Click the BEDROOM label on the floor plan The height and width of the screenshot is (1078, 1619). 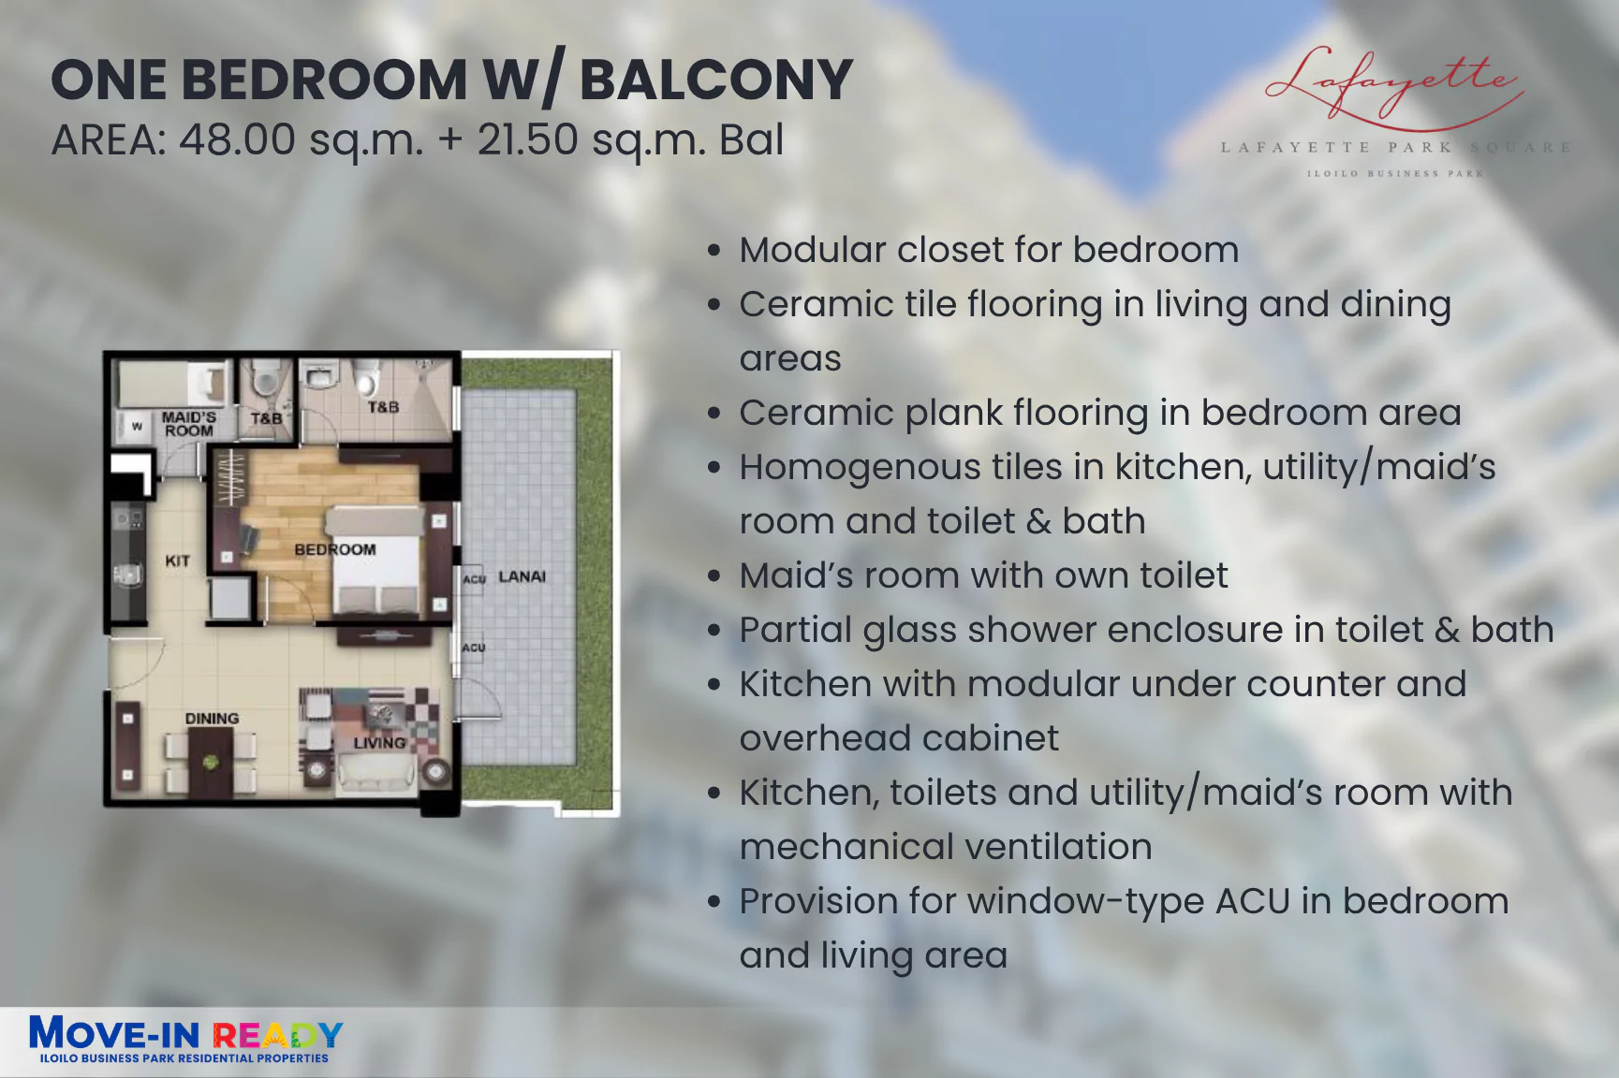click(x=335, y=549)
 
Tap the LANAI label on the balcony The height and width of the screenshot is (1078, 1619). click(x=522, y=576)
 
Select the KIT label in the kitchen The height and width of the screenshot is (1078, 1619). click(x=178, y=561)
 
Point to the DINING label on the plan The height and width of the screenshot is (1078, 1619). click(x=212, y=719)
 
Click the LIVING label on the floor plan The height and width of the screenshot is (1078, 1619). click(x=380, y=743)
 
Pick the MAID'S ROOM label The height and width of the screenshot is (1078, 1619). click(x=189, y=424)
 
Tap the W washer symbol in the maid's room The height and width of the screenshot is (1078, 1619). click(x=137, y=426)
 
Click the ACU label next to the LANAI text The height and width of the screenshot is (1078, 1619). click(x=475, y=579)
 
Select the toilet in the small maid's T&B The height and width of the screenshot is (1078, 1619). click(x=266, y=378)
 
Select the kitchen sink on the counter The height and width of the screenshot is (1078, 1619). click(x=126, y=575)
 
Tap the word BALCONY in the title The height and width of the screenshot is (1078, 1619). click(x=716, y=80)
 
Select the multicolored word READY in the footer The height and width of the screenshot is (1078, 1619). click(x=278, y=1035)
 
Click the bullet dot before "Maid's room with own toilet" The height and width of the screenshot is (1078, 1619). click(x=715, y=576)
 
